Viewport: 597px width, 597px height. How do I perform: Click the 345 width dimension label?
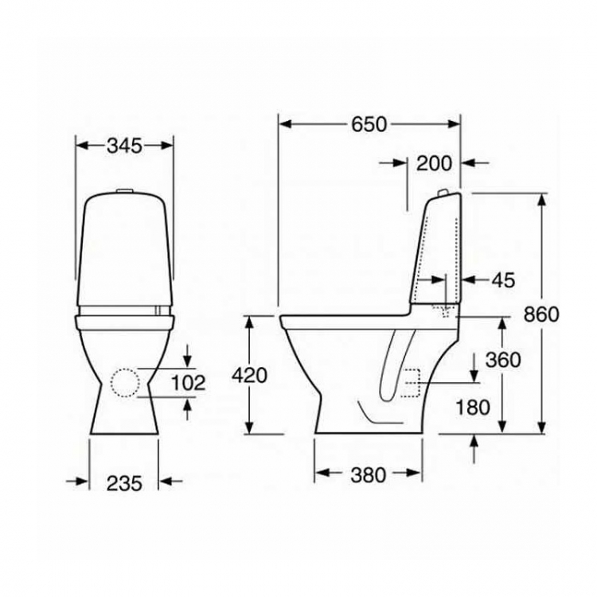124,146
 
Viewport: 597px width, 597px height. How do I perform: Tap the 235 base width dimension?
124,483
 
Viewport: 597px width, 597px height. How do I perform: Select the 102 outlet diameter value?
188,383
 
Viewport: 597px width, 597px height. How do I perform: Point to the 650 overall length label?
369,124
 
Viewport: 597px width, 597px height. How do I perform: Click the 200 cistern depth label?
434,163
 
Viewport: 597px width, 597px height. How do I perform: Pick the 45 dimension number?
503,280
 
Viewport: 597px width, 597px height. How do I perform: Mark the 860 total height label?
541,314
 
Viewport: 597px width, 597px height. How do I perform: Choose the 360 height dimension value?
503,360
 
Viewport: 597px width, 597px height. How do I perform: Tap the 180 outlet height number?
473,408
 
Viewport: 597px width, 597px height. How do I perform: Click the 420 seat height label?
250,376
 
